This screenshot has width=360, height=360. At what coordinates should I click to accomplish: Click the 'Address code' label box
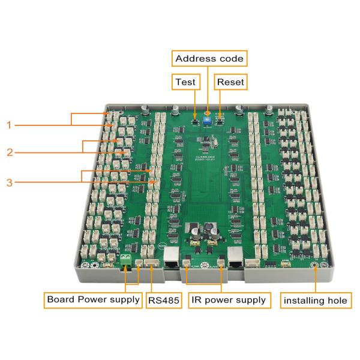point(209,59)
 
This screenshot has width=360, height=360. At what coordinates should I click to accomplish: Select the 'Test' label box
point(184,81)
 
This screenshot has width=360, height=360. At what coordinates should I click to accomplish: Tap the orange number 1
point(9,125)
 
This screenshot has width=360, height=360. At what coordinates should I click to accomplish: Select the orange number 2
point(9,152)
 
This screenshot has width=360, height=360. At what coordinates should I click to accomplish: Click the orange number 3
point(9,182)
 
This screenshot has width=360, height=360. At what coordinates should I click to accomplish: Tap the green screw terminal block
point(126,260)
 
